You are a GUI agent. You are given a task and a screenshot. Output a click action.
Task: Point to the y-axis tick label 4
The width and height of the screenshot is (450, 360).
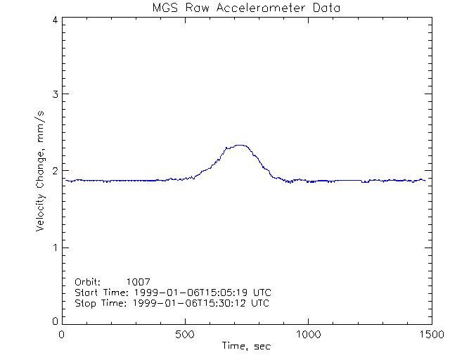pos(54,20)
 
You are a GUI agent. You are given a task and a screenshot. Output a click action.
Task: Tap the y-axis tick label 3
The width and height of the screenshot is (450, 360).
pos(54,94)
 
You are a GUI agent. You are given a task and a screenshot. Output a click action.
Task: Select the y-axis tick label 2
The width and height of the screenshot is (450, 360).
pos(54,171)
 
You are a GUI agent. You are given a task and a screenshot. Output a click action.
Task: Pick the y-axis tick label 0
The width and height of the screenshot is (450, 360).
pos(54,321)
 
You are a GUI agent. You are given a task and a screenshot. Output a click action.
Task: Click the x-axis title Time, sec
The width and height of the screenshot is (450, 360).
pos(246,346)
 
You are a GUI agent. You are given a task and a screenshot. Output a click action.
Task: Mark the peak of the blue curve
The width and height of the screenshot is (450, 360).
pos(240,145)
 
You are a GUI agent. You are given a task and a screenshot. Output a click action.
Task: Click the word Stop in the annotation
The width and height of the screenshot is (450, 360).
pos(86,303)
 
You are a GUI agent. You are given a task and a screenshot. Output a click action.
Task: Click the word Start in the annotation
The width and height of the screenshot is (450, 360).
pos(87,292)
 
